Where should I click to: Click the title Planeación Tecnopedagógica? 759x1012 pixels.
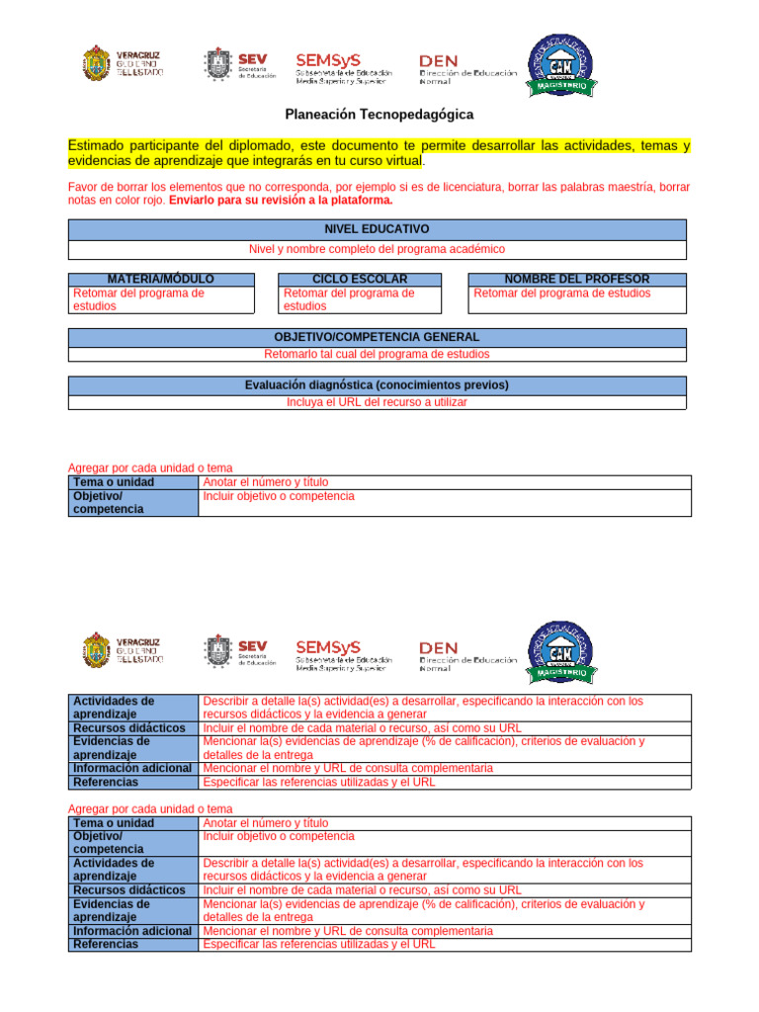(379, 115)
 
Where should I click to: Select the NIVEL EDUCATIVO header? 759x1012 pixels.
(377, 228)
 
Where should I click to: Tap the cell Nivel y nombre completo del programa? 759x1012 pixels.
(377, 249)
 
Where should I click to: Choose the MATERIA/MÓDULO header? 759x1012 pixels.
(159, 280)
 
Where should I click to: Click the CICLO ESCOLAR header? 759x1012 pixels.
(359, 280)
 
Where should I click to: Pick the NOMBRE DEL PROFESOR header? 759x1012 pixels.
(576, 280)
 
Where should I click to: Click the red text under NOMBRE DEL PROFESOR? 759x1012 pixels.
(561, 294)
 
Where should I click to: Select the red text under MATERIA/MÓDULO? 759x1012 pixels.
(138, 299)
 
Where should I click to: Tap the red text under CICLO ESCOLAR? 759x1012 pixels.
(348, 299)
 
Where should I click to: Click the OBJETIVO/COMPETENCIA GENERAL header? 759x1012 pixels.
(377, 337)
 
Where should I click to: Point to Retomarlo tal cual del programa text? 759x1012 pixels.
(377, 354)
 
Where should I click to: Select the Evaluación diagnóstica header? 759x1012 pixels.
(377, 384)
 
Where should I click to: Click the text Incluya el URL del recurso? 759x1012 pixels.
(377, 402)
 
